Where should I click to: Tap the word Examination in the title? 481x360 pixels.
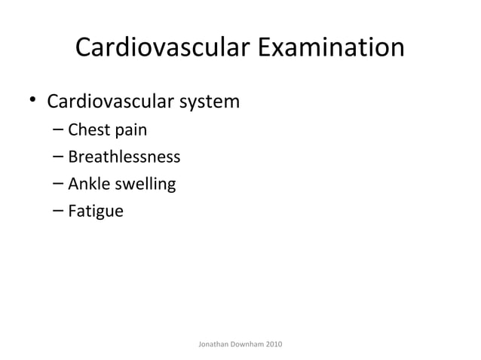coord(331,48)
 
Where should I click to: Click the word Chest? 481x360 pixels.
coord(88,130)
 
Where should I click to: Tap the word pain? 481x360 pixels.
coord(130,131)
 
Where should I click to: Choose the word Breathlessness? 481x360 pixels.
coord(124,157)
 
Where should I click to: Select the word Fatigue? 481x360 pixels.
coord(95,212)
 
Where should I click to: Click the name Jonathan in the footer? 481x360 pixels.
coord(213,344)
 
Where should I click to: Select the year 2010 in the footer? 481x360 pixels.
coord(275,344)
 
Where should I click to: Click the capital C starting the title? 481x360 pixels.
coord(85,48)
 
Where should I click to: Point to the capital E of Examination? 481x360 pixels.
coord(266,48)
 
